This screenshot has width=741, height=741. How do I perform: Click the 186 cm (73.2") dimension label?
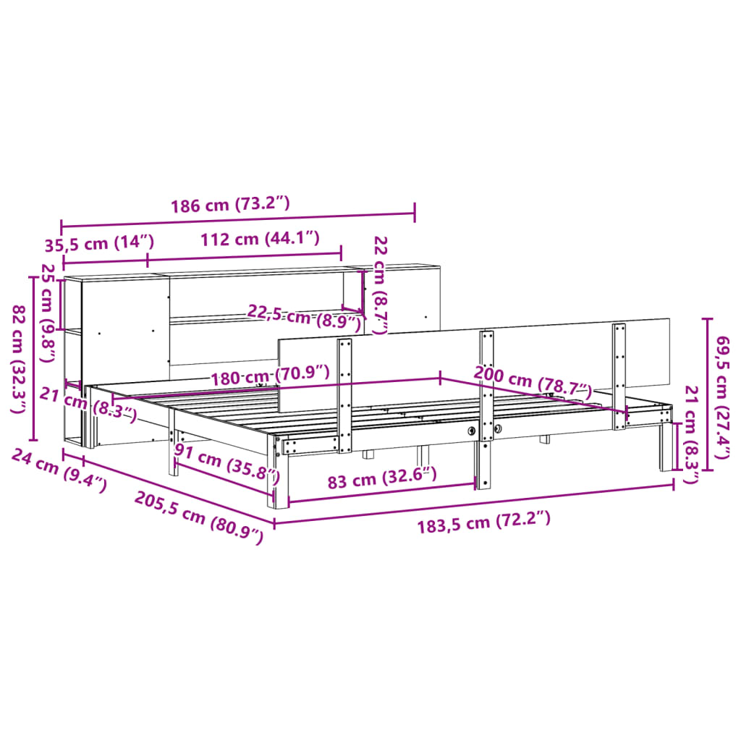230,205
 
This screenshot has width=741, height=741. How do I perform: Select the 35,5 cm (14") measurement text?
100,242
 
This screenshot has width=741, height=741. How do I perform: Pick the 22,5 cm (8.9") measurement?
304,317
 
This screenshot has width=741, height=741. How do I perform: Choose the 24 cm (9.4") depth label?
59,470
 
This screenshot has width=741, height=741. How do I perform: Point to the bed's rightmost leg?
666,449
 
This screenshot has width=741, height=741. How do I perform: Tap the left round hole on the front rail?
472,431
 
